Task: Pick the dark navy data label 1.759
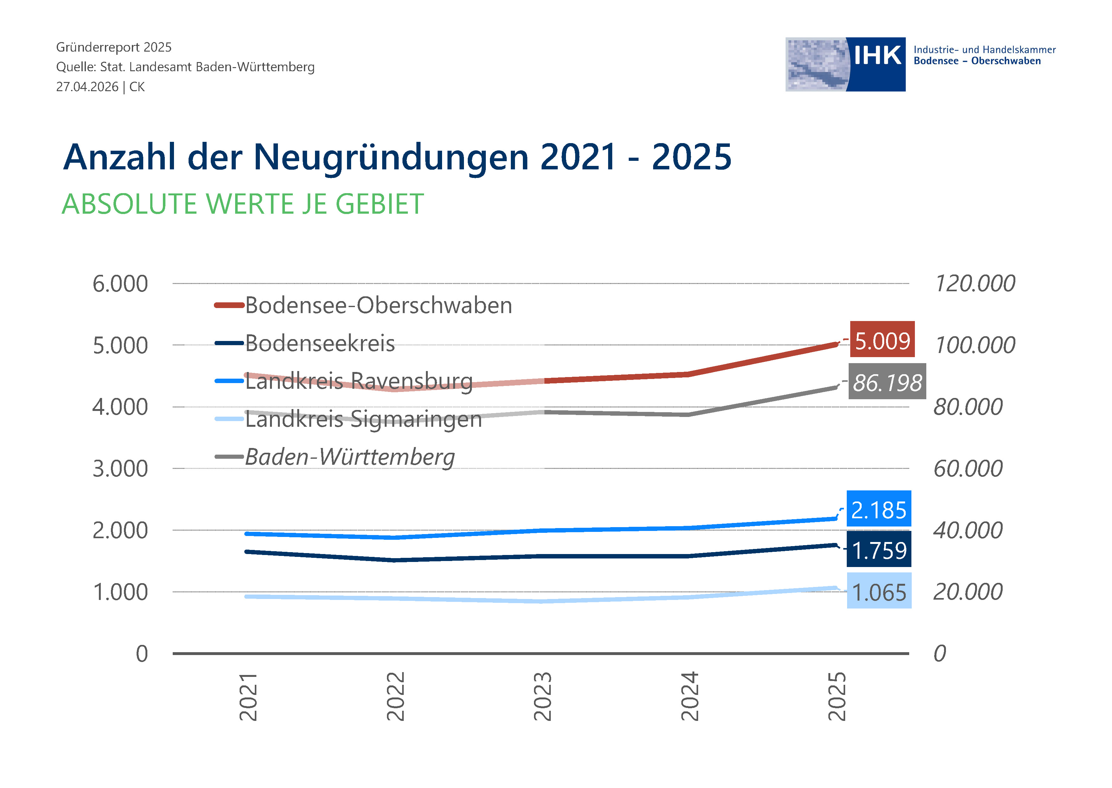(x=878, y=549)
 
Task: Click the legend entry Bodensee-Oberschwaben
(x=363, y=305)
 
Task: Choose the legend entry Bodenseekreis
(x=305, y=343)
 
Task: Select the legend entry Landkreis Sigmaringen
(x=348, y=419)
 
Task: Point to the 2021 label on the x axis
(x=248, y=696)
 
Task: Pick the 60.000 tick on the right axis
(x=968, y=469)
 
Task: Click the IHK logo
(x=845, y=65)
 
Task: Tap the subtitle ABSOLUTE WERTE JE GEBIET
(x=243, y=204)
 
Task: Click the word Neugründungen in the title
(x=391, y=158)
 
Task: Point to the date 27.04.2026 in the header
(x=87, y=87)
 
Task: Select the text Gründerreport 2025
(x=114, y=47)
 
